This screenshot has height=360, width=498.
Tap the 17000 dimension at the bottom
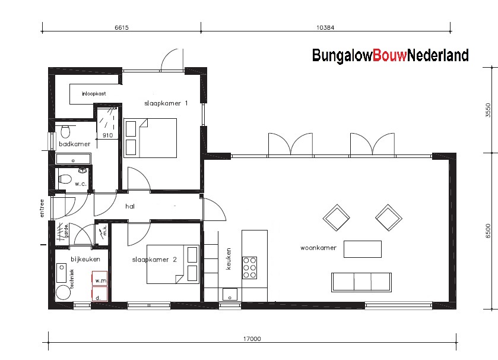click(x=252, y=339)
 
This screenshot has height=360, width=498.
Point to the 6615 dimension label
click(x=120, y=28)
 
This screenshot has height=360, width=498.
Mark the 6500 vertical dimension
click(x=488, y=230)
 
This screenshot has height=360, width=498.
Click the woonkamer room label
click(x=318, y=248)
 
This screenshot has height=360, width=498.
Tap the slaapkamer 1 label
click(x=166, y=103)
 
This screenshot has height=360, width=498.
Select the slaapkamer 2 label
click(x=154, y=260)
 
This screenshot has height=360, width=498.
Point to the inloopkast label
click(x=94, y=93)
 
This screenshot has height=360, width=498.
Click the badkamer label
click(x=74, y=144)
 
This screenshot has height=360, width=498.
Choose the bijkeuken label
click(x=81, y=259)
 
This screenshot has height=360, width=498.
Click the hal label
click(x=130, y=207)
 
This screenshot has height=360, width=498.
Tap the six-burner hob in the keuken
click(x=249, y=267)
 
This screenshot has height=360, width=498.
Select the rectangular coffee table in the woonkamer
click(x=363, y=248)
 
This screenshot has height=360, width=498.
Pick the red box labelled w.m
click(x=99, y=279)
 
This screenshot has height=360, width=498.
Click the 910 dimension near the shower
click(x=107, y=135)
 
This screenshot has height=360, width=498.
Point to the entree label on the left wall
click(x=42, y=209)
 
